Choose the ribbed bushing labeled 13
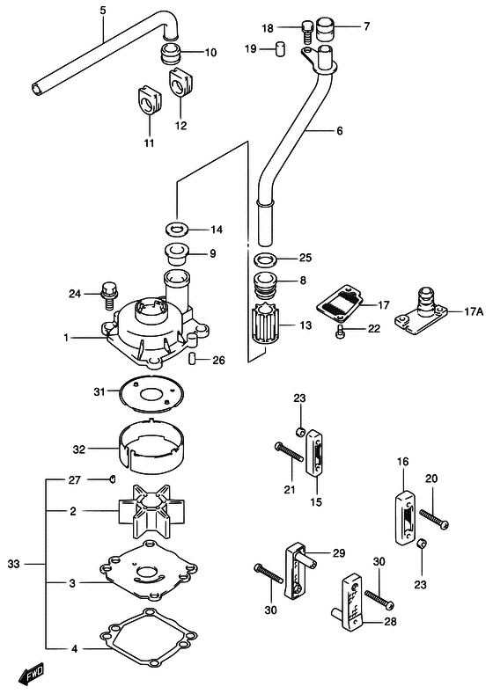tap(263, 325)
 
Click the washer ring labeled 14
tap(178, 230)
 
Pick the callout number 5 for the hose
tap(102, 11)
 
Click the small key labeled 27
tap(113, 478)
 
